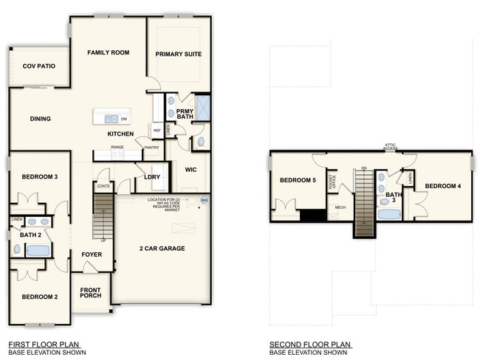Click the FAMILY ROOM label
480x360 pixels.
[x=109, y=52]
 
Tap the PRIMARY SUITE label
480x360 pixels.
[x=178, y=55]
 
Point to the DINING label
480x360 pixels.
[x=40, y=118]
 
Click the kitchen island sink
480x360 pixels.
[x=111, y=118]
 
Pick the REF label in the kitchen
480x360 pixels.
[x=157, y=131]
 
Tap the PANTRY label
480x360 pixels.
[x=152, y=148]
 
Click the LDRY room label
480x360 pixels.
[x=152, y=177]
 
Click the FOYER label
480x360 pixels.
[x=92, y=255]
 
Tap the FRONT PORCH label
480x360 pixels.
[x=90, y=292]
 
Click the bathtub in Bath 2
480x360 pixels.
[x=38, y=250]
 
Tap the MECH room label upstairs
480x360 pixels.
[x=340, y=207]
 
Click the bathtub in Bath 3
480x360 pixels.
[x=389, y=215]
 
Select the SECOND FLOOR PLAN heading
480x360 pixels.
[x=310, y=345]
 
